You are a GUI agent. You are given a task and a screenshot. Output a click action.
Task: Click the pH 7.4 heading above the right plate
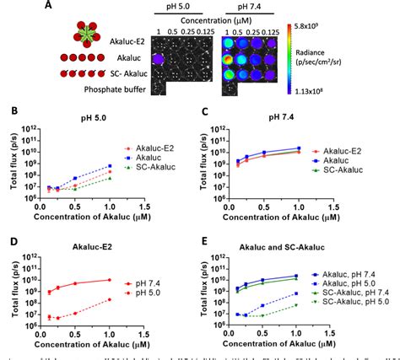pos(246,7)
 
